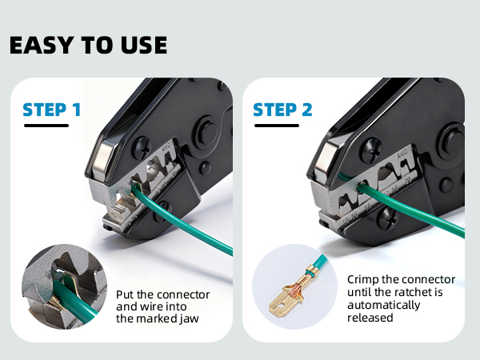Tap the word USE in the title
[144, 45]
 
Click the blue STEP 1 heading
[52, 110]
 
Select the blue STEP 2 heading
[282, 110]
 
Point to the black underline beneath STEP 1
[46, 126]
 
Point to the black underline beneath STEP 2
[277, 126]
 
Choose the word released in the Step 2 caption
[370, 318]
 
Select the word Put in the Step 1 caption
[125, 294]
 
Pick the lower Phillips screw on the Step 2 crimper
[388, 218]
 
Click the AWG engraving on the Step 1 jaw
[166, 147]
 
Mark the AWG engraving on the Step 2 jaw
[402, 154]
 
